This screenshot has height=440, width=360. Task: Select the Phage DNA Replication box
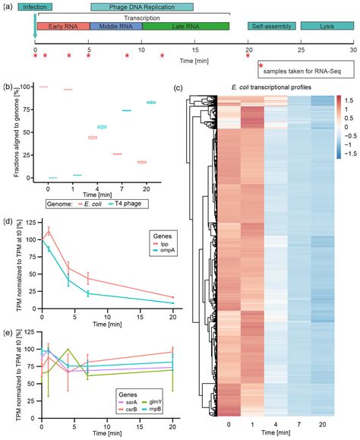(141, 7)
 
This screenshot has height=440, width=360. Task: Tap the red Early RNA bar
(62, 26)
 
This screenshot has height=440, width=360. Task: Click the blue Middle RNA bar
(115, 26)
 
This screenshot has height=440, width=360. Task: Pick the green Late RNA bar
(185, 26)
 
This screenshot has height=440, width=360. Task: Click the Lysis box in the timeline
(326, 26)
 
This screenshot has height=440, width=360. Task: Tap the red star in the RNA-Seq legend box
(261, 67)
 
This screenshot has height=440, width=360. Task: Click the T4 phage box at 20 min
(150, 102)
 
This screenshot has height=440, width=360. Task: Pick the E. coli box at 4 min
(92, 138)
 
